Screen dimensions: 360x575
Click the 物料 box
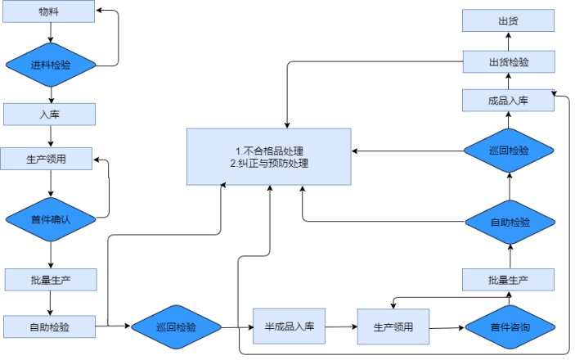click(x=49, y=12)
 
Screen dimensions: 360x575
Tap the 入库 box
click(x=49, y=114)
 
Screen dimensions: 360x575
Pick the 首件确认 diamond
click(x=51, y=218)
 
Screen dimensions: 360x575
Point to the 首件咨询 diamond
click(x=509, y=327)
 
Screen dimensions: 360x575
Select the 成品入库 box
click(x=508, y=101)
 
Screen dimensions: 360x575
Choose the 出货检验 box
click(x=508, y=61)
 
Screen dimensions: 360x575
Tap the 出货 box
click(x=508, y=21)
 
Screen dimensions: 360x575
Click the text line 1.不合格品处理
click(x=269, y=151)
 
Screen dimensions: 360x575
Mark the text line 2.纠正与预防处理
click(x=269, y=164)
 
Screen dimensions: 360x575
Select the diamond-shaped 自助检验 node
click(x=509, y=222)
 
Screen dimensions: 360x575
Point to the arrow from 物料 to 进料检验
click(x=51, y=34)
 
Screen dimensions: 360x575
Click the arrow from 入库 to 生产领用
click(x=51, y=136)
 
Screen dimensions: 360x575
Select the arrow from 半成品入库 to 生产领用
click(x=341, y=327)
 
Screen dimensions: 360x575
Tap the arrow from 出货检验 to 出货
click(x=508, y=42)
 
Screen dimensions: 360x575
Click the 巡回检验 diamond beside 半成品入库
click(x=177, y=327)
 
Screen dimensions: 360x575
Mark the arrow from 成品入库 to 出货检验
click(x=508, y=81)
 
